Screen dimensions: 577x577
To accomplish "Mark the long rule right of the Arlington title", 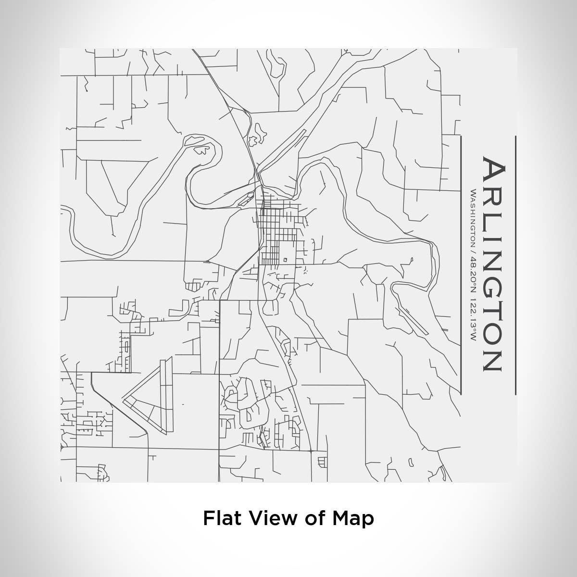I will point(515,264).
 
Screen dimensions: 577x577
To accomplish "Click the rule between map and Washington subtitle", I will point(461,264).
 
